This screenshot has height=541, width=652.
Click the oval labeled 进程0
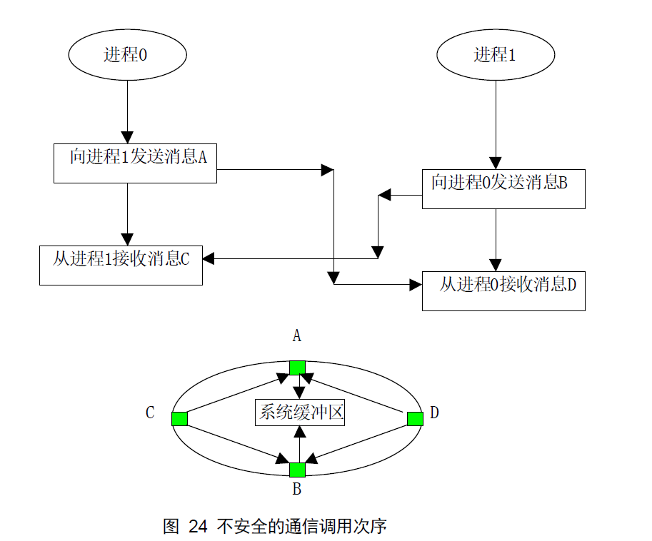click(x=127, y=55)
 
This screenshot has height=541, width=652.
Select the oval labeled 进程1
click(x=495, y=55)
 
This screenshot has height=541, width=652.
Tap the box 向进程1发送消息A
click(x=135, y=163)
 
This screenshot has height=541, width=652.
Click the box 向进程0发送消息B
click(x=503, y=188)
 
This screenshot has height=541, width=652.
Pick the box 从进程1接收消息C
click(x=121, y=265)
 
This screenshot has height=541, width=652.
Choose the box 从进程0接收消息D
click(x=503, y=290)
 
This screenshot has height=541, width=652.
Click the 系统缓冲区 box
click(x=300, y=413)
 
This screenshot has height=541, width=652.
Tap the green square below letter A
click(x=297, y=368)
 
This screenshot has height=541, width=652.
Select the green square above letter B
click(x=297, y=470)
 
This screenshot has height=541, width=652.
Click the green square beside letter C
click(x=180, y=418)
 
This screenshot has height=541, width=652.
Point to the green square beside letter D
click(x=415, y=418)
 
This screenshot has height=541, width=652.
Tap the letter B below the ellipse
click(x=297, y=490)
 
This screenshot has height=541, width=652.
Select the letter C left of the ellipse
click(x=150, y=413)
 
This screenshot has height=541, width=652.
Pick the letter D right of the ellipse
click(x=434, y=413)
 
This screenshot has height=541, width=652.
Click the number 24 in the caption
click(x=198, y=527)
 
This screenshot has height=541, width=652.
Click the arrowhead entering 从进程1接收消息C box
click(x=209, y=258)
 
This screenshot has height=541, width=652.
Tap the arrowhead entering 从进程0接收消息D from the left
click(x=415, y=285)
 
